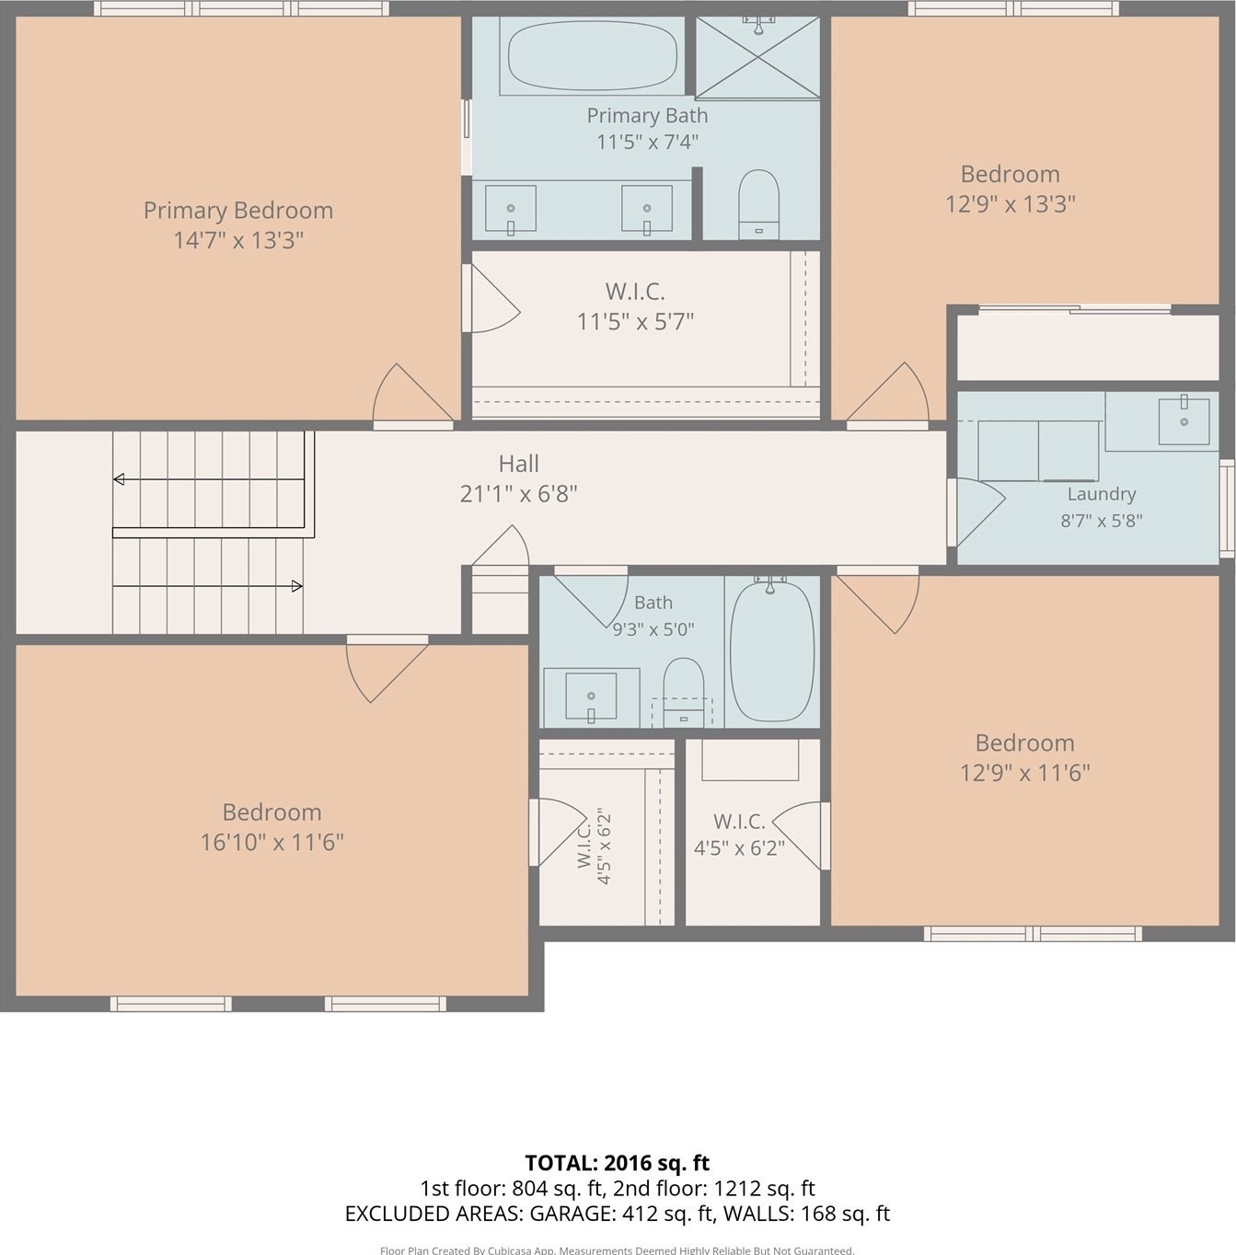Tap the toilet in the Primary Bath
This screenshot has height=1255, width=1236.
tap(758, 204)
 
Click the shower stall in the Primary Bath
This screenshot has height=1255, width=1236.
tap(757, 57)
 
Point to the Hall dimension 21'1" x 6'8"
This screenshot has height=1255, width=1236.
tap(519, 494)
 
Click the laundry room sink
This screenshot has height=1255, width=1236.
tap(1184, 421)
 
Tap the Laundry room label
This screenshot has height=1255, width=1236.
tap(1101, 494)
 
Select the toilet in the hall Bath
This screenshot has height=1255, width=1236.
tap(683, 692)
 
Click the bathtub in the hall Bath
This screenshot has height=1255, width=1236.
tap(771, 651)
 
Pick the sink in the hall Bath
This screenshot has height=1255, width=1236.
tap(590, 697)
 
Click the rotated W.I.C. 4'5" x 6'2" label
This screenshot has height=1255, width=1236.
tap(594, 846)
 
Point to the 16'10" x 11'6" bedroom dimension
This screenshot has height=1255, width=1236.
tap(271, 842)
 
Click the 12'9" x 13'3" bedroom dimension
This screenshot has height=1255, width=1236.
tap(1010, 204)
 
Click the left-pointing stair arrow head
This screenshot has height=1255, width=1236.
tap(119, 479)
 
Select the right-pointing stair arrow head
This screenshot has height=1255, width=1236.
tap(296, 586)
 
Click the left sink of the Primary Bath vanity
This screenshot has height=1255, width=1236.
tap(511, 209)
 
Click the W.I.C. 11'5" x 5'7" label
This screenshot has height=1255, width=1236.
tap(635, 306)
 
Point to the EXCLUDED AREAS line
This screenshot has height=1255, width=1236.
tap(617, 1214)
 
